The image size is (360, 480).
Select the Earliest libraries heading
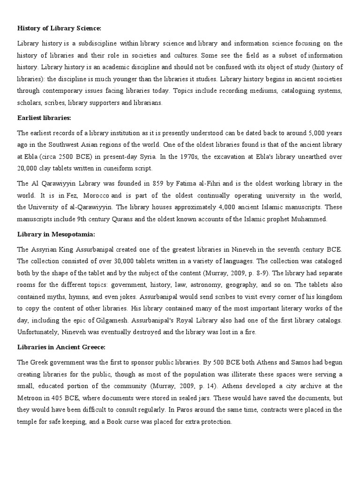44,118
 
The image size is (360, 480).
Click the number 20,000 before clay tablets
28,168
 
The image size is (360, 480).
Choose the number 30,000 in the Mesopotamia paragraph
112,260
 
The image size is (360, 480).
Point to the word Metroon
31,398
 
